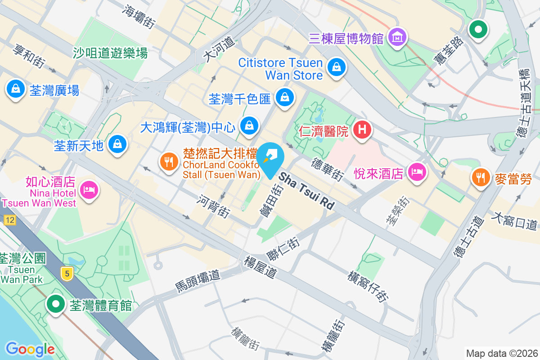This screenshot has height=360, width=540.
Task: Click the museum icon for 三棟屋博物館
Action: click(x=398, y=37)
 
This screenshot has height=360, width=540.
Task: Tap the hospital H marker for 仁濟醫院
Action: click(x=363, y=130)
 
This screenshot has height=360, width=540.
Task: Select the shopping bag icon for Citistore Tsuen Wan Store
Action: click(x=336, y=68)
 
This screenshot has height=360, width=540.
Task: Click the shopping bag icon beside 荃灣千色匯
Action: click(x=284, y=97)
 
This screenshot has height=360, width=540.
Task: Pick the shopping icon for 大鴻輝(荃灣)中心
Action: click(x=249, y=126)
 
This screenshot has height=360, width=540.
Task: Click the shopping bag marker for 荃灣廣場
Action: click(x=16, y=89)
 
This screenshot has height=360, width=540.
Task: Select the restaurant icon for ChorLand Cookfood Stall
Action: click(x=169, y=162)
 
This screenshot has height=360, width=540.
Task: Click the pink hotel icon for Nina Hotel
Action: click(x=89, y=190)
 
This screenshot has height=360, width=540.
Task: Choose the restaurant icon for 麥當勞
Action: click(x=481, y=176)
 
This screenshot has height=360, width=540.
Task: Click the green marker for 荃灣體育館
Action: click(x=56, y=304)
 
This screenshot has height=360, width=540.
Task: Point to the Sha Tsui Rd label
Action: click(x=307, y=191)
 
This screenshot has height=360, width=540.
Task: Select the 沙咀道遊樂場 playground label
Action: click(x=110, y=53)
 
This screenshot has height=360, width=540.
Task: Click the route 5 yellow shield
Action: click(x=67, y=272)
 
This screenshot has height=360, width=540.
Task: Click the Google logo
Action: click(x=30, y=349)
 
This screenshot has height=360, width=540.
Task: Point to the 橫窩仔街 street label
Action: click(x=368, y=285)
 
